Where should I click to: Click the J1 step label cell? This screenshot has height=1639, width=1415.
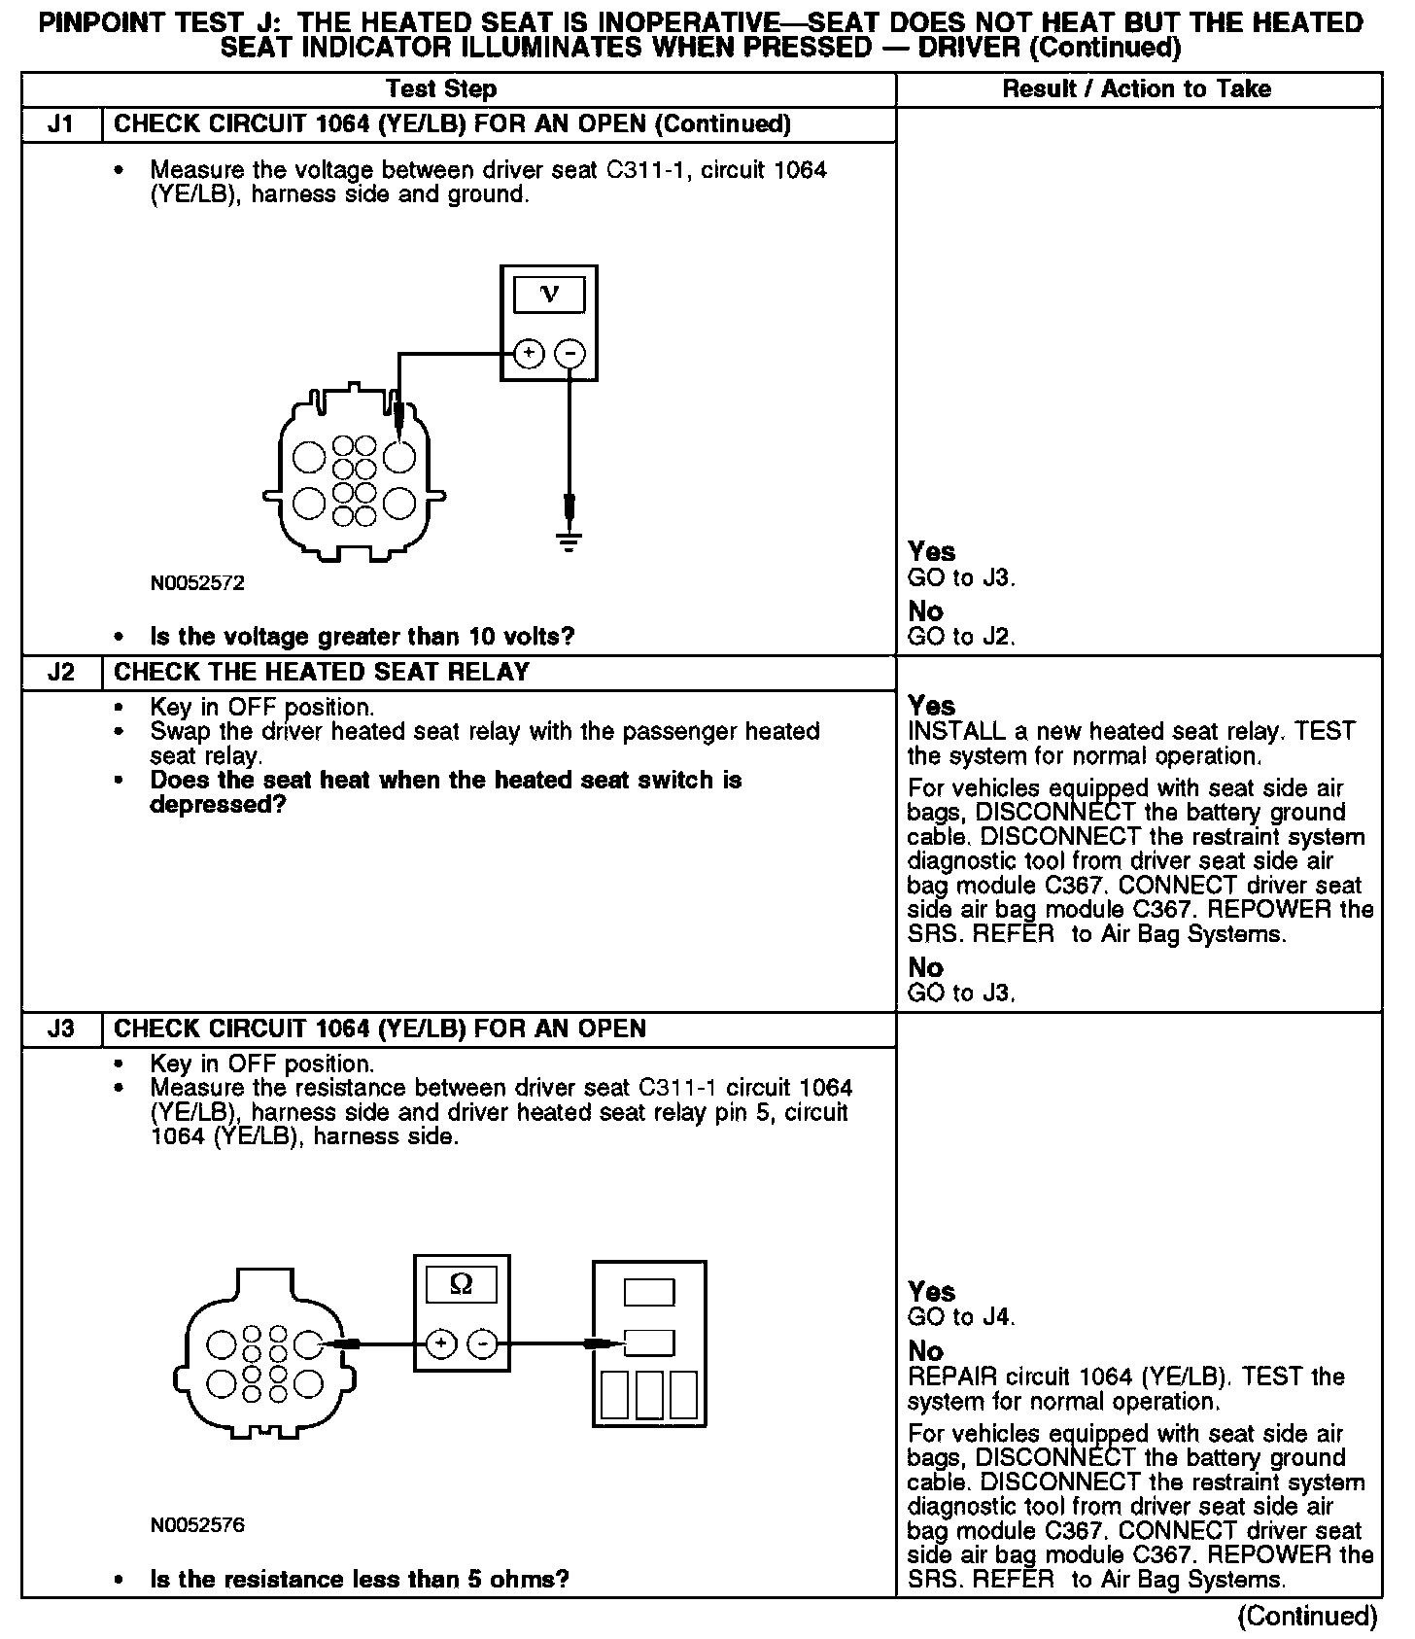[x=61, y=124]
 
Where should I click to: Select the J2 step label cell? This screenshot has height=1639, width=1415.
[x=61, y=672]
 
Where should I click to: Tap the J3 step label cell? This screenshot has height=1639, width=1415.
[x=61, y=1029]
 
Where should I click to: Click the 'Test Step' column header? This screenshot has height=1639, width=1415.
[x=441, y=89]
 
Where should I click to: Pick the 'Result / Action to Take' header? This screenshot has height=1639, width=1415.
[x=1136, y=89]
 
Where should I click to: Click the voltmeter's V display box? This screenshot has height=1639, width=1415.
[x=549, y=295]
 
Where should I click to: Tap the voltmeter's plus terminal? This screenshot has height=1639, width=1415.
[x=528, y=353]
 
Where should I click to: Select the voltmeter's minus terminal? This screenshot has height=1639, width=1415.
[x=570, y=353]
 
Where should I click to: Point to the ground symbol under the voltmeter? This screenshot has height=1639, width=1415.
[x=569, y=541]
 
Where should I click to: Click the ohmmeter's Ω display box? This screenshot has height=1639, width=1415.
[x=462, y=1285]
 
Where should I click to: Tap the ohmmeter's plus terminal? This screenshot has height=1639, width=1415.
[x=440, y=1344]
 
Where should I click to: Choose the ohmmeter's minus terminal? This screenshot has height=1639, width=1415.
[x=483, y=1344]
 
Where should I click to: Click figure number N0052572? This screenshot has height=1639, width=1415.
[x=197, y=583]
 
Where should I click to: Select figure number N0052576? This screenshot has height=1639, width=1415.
[x=197, y=1525]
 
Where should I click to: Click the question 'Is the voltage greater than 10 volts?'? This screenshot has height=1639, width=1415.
[x=362, y=637]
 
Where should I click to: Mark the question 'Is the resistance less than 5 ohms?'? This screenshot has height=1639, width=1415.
[x=359, y=1579]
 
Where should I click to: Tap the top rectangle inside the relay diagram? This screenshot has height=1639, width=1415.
[x=649, y=1292]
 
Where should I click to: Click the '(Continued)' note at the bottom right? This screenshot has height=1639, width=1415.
[x=1307, y=1617]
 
